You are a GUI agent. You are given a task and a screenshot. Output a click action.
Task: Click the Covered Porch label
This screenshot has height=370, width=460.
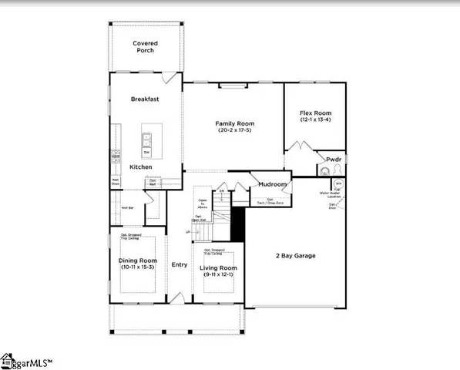click(x=143, y=47)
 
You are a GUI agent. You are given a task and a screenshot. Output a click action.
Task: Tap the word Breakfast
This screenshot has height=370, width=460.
click(x=144, y=99)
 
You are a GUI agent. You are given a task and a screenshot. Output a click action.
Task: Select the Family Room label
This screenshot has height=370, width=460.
click(x=233, y=123)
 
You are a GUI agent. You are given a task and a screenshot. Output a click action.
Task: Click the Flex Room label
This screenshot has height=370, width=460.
click(x=316, y=113)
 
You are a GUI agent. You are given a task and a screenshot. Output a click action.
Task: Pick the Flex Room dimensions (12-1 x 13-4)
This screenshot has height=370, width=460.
click(x=316, y=120)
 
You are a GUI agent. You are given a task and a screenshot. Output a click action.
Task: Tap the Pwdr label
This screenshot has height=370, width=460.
click(x=333, y=160)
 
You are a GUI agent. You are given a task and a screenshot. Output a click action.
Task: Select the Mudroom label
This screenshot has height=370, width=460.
click(x=272, y=185)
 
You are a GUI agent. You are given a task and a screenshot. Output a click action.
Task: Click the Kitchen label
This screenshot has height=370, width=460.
click(x=140, y=167)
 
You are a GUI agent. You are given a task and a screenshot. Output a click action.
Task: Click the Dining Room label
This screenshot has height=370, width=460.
click(x=137, y=261)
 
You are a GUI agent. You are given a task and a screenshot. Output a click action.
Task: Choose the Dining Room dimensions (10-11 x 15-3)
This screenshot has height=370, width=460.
click(x=137, y=267)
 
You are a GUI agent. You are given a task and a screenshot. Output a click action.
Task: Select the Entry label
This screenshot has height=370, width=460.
click(x=179, y=264)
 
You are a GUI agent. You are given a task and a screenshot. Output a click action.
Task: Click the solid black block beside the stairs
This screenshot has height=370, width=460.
click(x=238, y=224)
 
